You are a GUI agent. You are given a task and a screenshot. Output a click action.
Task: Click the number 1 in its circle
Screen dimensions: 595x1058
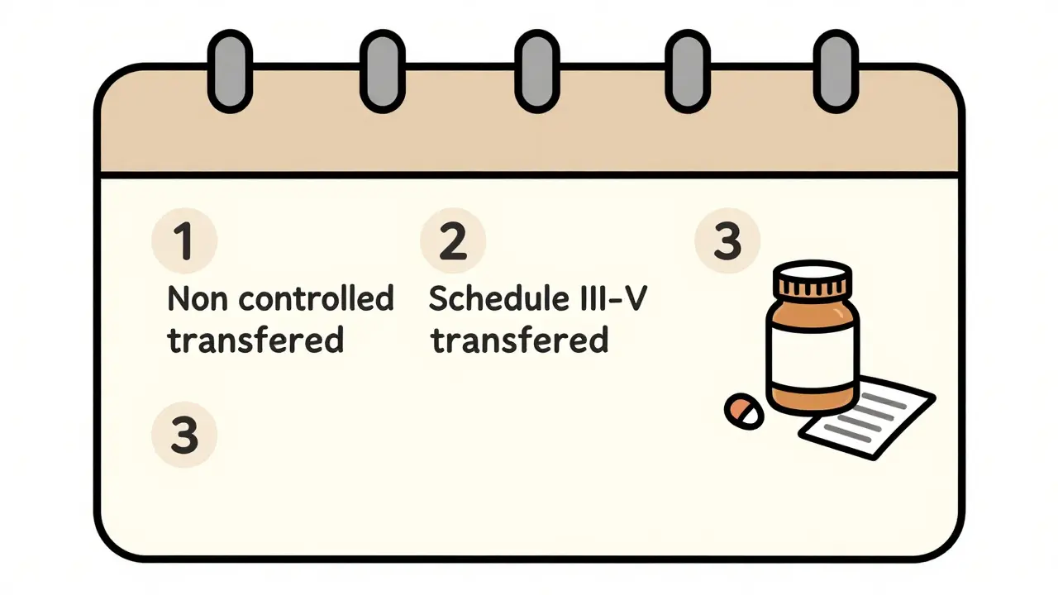[x=183, y=241]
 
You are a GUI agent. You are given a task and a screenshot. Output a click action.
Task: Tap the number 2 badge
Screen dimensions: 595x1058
[x=452, y=241]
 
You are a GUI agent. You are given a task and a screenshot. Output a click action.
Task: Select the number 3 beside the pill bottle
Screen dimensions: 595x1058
[x=727, y=241]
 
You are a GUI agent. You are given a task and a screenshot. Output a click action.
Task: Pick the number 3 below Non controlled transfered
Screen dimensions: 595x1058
[x=183, y=435]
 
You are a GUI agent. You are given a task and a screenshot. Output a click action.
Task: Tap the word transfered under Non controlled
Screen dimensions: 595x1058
[x=255, y=340]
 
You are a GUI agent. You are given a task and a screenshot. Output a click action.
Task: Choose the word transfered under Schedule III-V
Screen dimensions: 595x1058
[x=521, y=340]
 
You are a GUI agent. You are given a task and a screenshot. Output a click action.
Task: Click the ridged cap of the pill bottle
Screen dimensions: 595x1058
[x=813, y=283]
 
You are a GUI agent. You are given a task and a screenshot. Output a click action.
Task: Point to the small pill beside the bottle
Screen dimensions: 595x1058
[x=744, y=411]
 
